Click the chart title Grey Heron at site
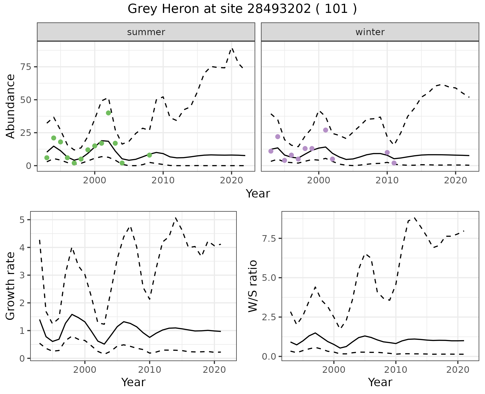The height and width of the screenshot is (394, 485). (242, 9)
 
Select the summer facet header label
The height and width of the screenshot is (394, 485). (146, 32)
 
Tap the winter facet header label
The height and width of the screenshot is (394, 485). (370, 32)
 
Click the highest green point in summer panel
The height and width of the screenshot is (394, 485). (108, 113)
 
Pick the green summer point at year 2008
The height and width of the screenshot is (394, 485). (149, 155)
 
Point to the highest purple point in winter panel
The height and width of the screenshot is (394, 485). (326, 130)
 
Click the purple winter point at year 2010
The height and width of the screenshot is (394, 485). (387, 153)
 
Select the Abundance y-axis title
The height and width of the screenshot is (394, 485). (11, 106)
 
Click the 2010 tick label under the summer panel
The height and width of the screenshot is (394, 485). (163, 180)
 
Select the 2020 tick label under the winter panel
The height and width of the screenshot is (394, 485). (455, 180)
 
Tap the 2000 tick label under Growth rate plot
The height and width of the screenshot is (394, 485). (85, 370)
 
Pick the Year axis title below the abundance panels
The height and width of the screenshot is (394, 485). (258, 194)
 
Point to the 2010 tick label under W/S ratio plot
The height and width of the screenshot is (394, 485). (396, 370)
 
